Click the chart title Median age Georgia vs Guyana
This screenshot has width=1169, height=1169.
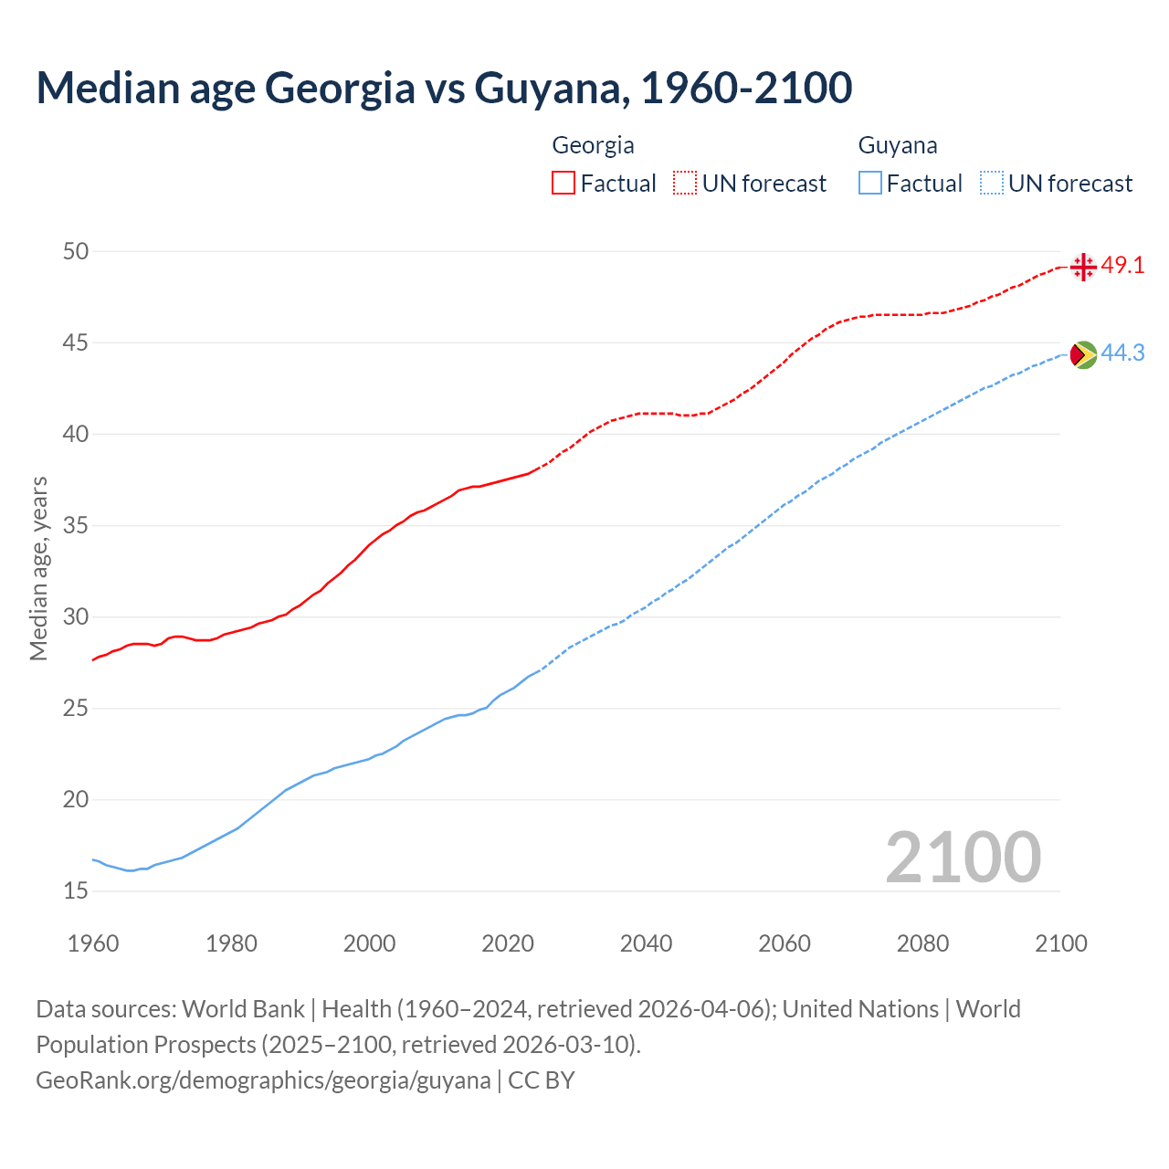pos(444,88)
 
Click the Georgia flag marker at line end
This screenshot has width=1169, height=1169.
pos(1083,267)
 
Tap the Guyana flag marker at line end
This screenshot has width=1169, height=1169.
pos(1083,354)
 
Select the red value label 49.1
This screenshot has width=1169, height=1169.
pos(1122,266)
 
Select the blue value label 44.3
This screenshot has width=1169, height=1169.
pos(1122,353)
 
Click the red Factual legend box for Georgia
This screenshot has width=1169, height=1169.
pos(563,184)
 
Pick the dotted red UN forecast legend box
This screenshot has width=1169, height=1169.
pos(685,184)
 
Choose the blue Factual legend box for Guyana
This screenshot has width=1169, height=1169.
pos(870,184)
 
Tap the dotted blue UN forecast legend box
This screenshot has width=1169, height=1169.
pos(992,184)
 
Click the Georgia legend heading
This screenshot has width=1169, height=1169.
pos(593,145)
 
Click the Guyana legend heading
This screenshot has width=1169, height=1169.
pos(898,145)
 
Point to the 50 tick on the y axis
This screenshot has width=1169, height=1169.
pos(76,251)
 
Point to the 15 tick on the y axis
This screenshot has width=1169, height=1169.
pos(76,890)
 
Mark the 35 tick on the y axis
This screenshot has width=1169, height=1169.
pos(76,525)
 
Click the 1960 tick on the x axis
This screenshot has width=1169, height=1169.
pos(93,943)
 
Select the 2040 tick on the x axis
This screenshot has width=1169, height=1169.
pos(646,943)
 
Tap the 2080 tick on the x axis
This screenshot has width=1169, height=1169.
pos(922,943)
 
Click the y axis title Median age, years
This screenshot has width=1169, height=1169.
pos(38,568)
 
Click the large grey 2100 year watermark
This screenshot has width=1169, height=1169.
pos(963,857)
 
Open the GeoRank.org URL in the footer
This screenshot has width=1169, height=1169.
pos(263,1080)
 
